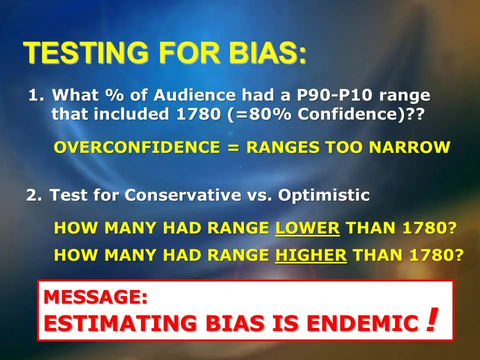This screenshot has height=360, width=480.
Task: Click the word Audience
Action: (x=196, y=95)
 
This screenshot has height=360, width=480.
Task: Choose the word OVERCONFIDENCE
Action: (x=136, y=147)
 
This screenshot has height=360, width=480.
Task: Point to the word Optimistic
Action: (x=324, y=195)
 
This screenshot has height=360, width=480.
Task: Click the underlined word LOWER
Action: (x=307, y=228)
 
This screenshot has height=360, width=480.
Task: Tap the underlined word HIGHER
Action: (x=311, y=254)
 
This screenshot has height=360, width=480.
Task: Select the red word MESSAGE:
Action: (x=95, y=297)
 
